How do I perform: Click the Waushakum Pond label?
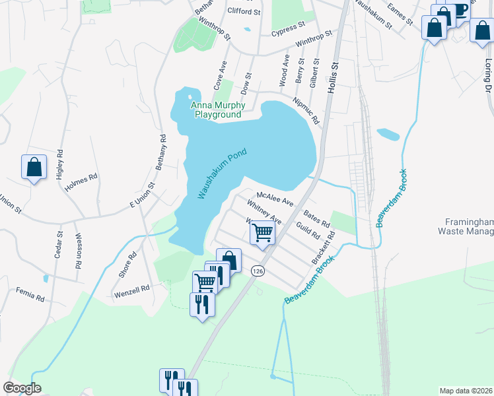(222, 174)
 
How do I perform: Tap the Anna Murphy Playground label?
(217, 110)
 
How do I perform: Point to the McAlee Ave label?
(274, 198)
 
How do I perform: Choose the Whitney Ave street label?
(264, 211)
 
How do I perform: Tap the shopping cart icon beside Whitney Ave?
(263, 232)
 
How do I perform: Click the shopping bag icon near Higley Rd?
(34, 167)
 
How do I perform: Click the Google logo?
(21, 388)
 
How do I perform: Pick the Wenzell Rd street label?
(132, 289)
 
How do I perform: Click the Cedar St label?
(59, 244)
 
